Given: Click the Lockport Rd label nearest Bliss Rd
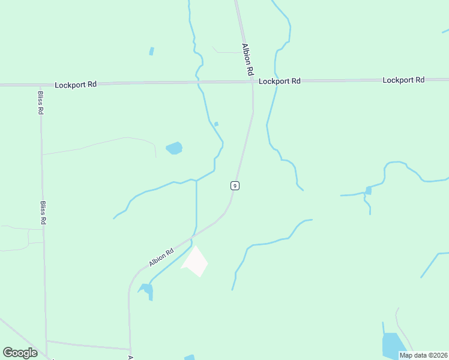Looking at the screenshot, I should pos(75,85).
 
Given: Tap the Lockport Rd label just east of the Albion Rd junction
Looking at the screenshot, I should pos(279,81).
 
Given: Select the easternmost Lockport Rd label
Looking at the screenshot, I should pos(403,80).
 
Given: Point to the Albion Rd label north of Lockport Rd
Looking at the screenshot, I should pos(247,59).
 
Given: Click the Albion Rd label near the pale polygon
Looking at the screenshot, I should pos(161,257).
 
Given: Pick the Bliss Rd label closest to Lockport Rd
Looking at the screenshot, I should pos(40,103).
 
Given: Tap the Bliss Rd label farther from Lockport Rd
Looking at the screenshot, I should pos(43,212).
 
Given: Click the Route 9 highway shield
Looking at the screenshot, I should pos(235,185).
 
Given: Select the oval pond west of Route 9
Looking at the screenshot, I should pos(173,148).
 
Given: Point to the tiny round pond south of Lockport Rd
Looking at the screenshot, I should pos(216,124).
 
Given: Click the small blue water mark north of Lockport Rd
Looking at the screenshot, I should pos(151,51).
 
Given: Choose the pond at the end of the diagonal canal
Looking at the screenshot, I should pos(146,290).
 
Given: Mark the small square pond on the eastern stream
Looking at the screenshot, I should pos(368,191).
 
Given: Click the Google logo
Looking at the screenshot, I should pos(20,353).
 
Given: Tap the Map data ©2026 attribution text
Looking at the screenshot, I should pos(423,355).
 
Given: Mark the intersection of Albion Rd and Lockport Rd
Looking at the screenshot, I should pos(252,82).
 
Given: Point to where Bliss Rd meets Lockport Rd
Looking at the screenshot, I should pos(40,85).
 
